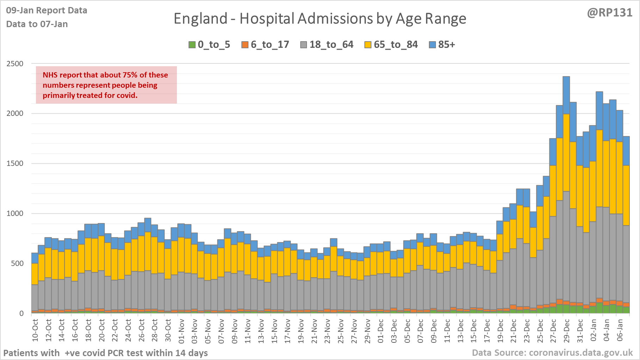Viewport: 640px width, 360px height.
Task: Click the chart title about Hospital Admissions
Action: click(x=320, y=19)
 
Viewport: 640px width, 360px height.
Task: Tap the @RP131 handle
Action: click(x=609, y=13)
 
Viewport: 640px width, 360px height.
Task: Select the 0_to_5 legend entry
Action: click(x=209, y=45)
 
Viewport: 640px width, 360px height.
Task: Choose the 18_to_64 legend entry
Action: click(x=327, y=45)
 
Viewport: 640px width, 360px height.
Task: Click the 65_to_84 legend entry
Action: click(x=391, y=45)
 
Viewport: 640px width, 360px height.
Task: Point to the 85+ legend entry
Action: click(x=442, y=45)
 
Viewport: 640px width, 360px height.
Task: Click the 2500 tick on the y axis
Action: click(x=15, y=64)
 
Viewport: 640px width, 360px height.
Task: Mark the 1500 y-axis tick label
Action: click(x=15, y=163)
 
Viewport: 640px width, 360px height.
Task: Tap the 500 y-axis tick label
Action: click(x=17, y=263)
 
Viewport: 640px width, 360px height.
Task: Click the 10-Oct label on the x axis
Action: click(x=35, y=330)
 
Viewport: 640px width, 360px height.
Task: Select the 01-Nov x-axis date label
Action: click(x=181, y=330)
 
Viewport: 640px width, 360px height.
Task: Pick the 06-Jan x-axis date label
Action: click(x=620, y=330)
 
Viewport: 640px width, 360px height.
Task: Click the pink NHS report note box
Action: click(x=106, y=85)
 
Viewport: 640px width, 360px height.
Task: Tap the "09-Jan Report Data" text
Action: click(x=47, y=11)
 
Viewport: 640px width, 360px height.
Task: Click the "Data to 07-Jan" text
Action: click(x=37, y=24)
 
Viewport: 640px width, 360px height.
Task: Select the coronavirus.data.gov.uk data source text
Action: click(x=552, y=353)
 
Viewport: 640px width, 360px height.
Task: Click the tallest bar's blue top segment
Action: click(x=566, y=95)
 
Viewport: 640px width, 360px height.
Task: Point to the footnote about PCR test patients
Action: click(x=106, y=353)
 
